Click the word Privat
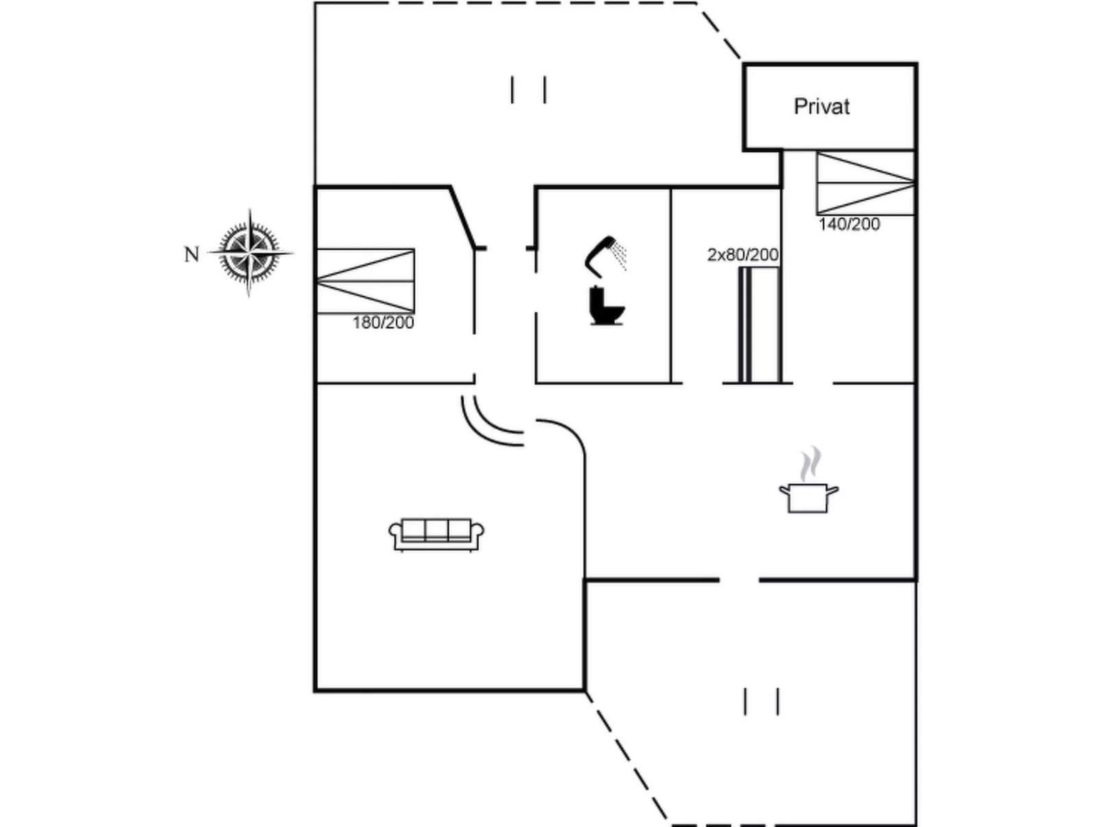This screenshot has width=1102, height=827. click(x=821, y=106)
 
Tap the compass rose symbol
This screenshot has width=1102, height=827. click(x=250, y=253)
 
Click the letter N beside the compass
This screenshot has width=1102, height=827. click(x=191, y=255)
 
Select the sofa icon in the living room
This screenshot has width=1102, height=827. click(x=436, y=534)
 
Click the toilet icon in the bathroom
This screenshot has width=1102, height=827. click(x=606, y=306)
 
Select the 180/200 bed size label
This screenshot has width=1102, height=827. click(x=383, y=323)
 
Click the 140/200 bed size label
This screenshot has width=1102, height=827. click(x=849, y=224)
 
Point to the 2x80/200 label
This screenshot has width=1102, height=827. click(x=742, y=255)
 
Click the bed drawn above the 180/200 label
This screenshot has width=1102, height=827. click(x=365, y=281)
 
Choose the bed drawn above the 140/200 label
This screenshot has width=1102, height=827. click(x=865, y=183)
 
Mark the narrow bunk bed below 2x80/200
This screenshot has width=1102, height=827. click(x=758, y=324)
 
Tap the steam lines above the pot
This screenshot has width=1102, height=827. click(x=810, y=465)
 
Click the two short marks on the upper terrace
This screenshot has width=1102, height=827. click(x=528, y=90)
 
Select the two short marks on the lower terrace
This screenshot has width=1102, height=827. click(x=761, y=701)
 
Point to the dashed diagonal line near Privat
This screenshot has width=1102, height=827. click(x=719, y=31)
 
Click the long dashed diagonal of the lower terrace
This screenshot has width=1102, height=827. click(x=626, y=755)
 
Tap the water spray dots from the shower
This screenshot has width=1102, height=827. click(x=620, y=256)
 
